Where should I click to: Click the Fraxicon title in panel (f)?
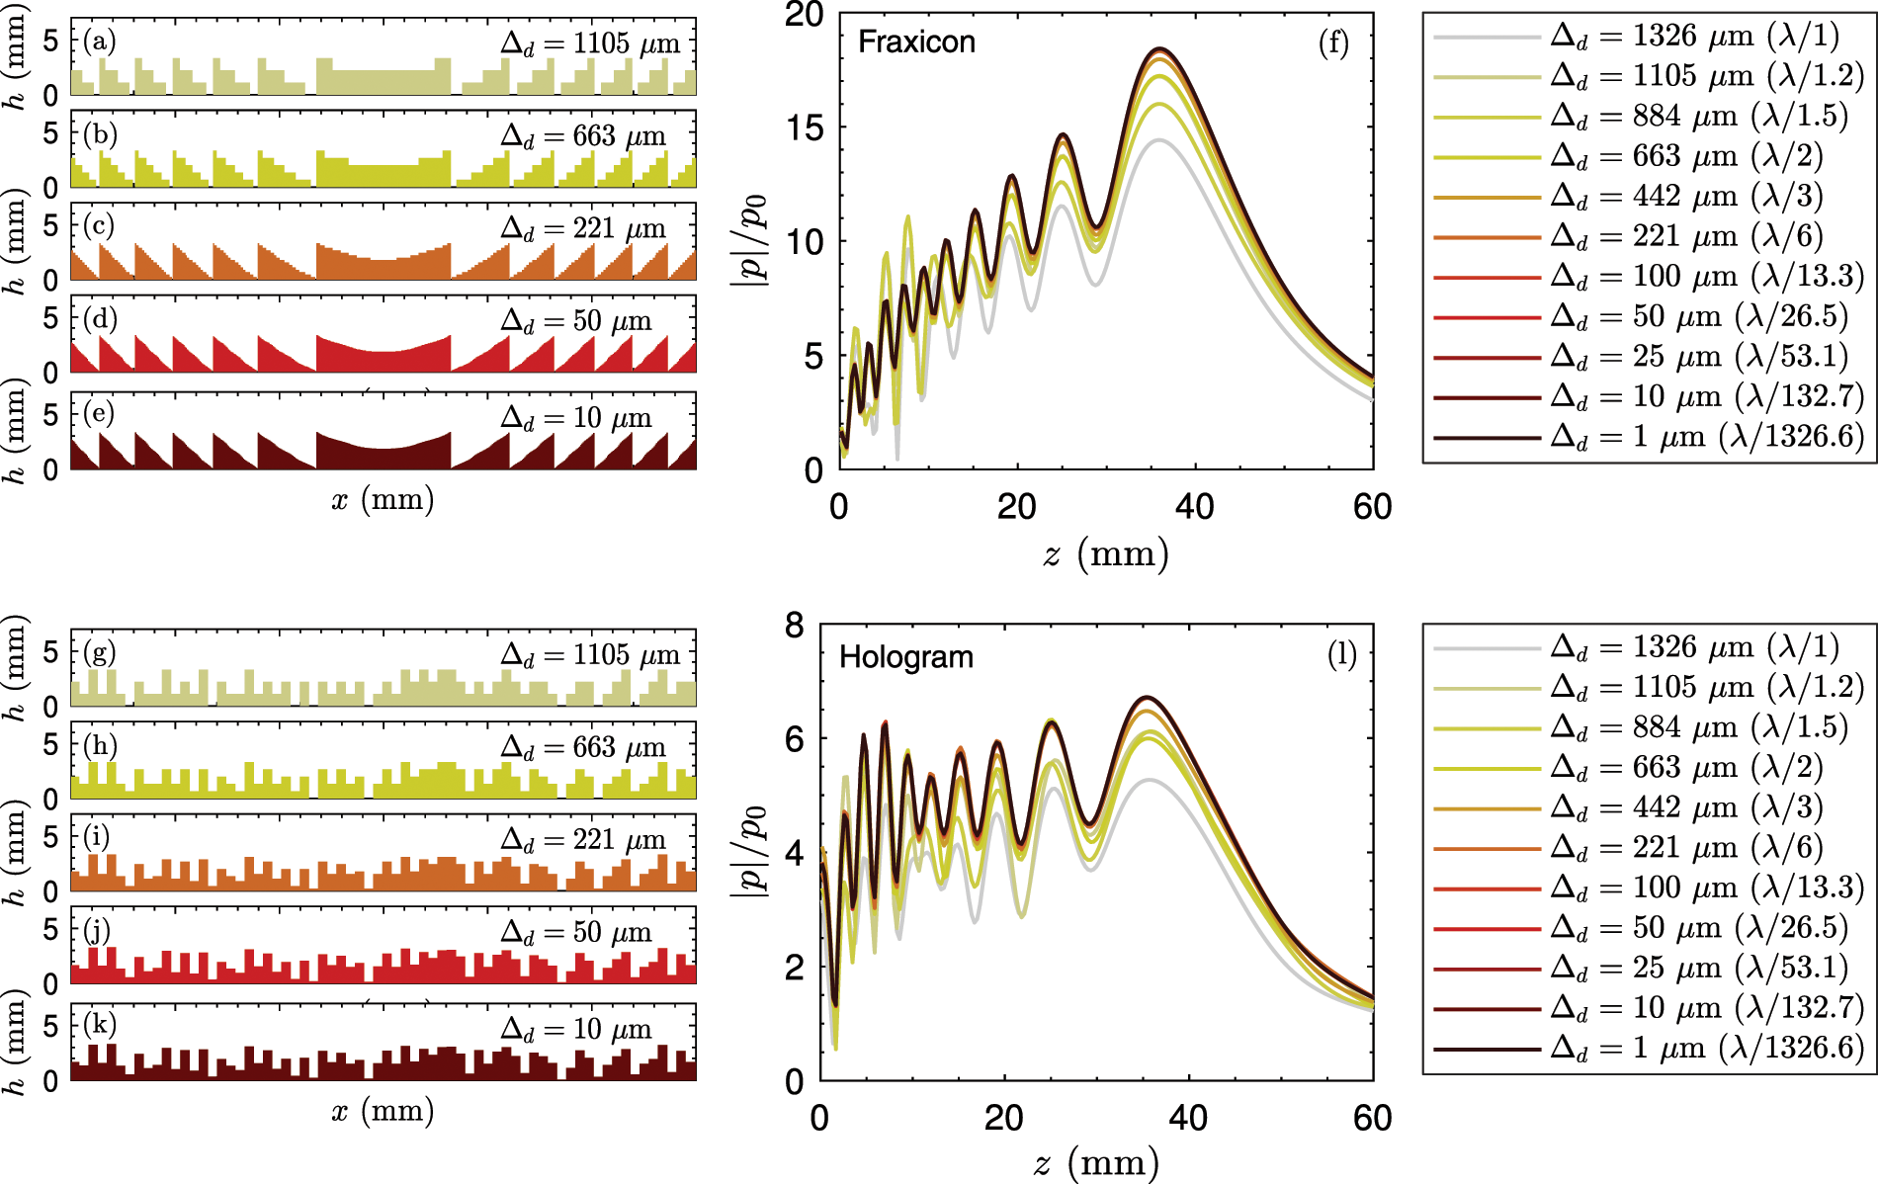coord(916,42)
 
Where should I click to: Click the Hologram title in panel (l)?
coord(905,657)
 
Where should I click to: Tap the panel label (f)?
coord(1333,42)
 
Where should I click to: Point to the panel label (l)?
coord(1341,654)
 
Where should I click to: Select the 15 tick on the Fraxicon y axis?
coord(805,127)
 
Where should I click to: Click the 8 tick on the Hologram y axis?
coord(795,626)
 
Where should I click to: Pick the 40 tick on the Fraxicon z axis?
coord(1194,507)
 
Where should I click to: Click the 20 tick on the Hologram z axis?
coord(1003,1118)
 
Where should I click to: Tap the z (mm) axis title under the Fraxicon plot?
coord(1105,553)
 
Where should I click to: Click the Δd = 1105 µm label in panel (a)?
coord(590,43)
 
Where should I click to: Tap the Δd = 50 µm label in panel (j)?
coord(576,933)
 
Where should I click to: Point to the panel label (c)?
coord(99,226)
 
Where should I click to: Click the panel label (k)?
coord(99,1023)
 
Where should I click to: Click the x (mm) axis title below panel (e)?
coord(383,499)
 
